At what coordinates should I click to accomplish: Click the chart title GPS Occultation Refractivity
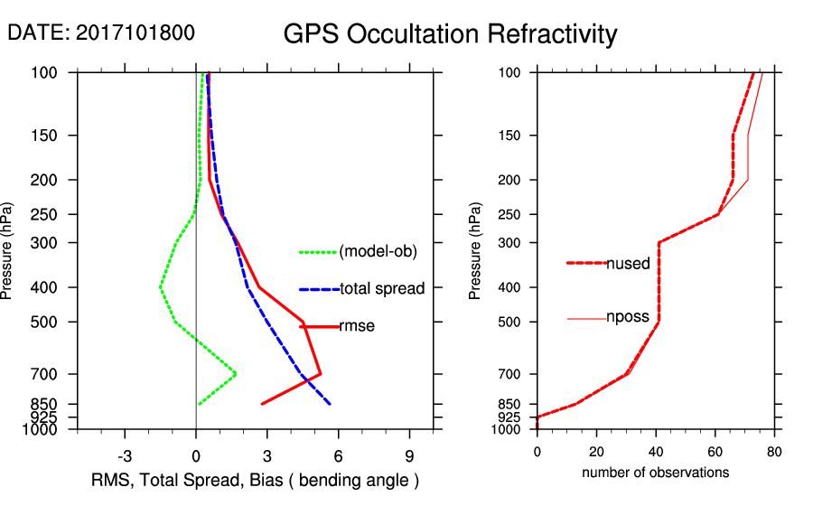450,34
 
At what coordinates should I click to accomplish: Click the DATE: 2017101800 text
100,33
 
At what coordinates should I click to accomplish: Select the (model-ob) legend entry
378,252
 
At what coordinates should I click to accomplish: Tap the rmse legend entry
356,326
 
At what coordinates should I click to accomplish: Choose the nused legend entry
628,264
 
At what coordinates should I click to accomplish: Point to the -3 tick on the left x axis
126,456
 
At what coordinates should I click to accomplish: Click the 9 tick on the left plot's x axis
409,456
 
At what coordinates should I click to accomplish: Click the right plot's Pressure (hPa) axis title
475,250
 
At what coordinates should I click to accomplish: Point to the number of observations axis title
655,473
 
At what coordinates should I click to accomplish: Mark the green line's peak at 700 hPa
236,373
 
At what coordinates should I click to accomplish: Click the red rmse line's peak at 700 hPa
321,373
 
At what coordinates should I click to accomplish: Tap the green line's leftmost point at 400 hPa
161,287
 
